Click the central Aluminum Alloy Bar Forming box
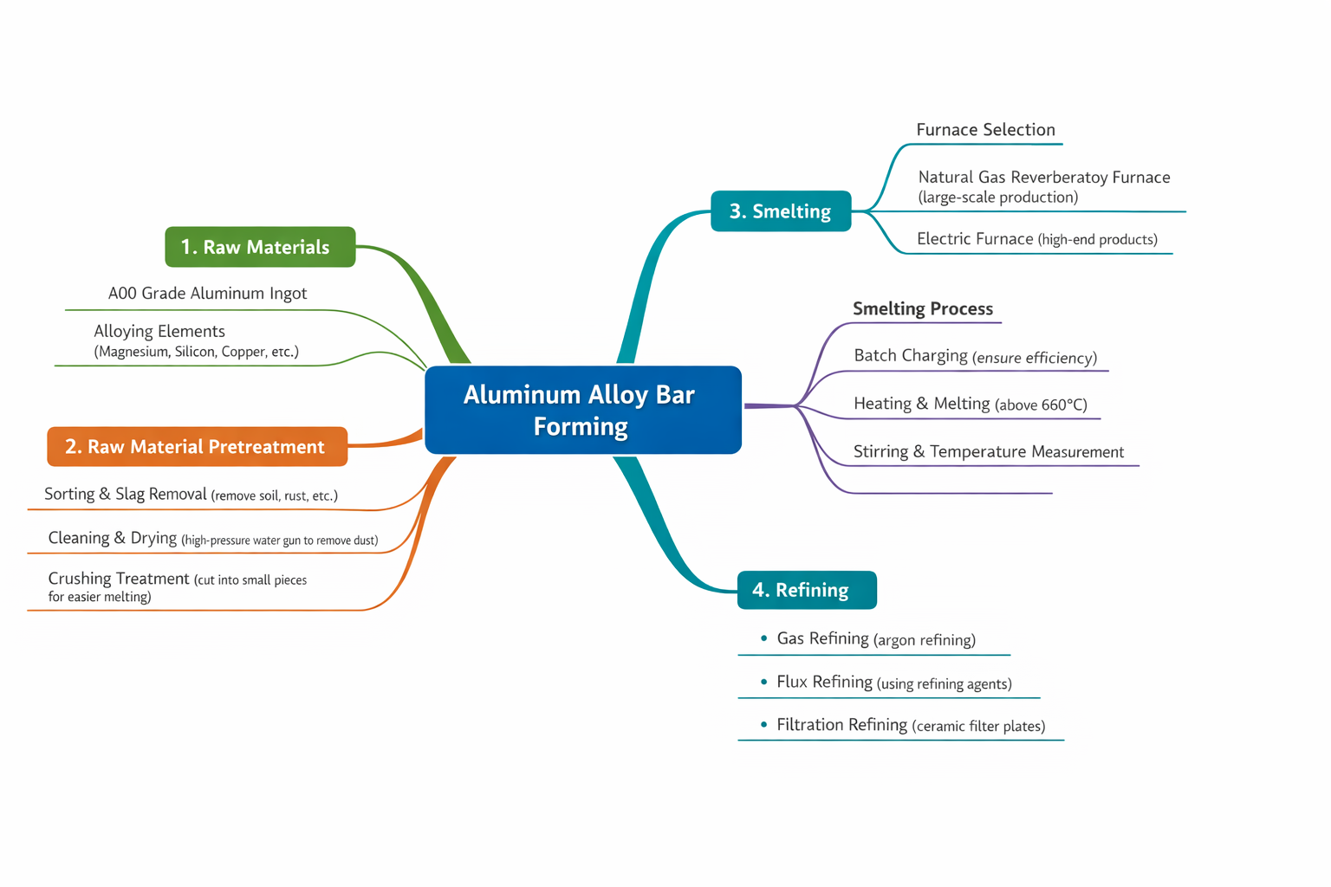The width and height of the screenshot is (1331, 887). (x=582, y=410)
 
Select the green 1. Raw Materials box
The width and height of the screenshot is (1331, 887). (x=260, y=247)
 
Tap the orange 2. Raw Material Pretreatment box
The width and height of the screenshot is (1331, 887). (x=197, y=447)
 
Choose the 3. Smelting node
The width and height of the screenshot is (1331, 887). (x=780, y=211)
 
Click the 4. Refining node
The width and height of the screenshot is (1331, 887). (x=806, y=590)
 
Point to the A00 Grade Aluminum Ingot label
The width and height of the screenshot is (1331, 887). (x=207, y=294)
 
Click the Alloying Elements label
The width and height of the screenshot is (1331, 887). (x=159, y=331)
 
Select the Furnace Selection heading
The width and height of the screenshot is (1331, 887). (x=985, y=130)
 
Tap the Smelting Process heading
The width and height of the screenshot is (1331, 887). (x=922, y=309)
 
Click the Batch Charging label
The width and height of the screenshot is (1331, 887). (x=910, y=356)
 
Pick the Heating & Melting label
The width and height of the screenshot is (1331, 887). (x=921, y=404)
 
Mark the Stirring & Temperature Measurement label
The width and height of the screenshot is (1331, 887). (x=988, y=452)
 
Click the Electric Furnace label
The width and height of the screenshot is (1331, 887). (x=975, y=239)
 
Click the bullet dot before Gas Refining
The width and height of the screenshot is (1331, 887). (x=763, y=638)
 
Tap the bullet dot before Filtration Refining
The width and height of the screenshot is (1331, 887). (x=763, y=724)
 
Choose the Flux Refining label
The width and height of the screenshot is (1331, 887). (x=824, y=682)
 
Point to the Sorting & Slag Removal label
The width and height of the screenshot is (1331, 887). (x=126, y=494)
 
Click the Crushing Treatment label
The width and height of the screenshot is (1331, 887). (x=118, y=579)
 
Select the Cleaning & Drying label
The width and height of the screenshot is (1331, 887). (x=113, y=538)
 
